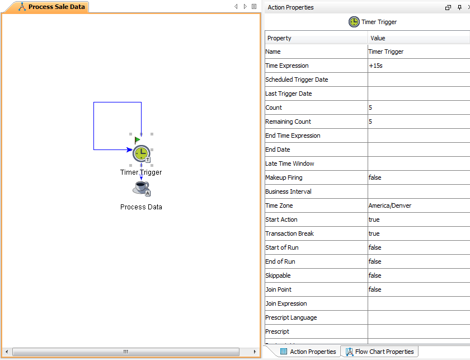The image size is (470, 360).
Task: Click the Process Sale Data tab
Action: tap(51, 7)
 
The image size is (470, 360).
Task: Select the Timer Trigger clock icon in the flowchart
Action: tap(142, 153)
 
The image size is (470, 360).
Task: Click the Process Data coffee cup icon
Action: tap(141, 189)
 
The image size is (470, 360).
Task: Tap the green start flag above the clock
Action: tap(137, 140)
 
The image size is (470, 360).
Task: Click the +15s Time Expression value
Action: tap(375, 66)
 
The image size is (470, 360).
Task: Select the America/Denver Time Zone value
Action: tap(389, 205)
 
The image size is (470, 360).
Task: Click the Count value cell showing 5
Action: tap(370, 107)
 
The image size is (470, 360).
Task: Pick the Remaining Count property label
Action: tap(288, 121)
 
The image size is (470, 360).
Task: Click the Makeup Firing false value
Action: tap(375, 177)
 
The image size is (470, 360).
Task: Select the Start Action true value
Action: tap(374, 219)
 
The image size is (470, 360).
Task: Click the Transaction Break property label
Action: tap(289, 233)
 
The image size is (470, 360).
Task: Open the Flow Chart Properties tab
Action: tap(379, 352)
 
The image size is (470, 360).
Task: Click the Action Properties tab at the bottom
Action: tap(308, 352)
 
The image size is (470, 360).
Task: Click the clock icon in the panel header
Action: tap(354, 22)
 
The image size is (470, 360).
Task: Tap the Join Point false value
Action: tap(375, 289)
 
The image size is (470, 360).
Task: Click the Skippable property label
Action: tap(278, 275)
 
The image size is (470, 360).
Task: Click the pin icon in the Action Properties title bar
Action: tap(459, 7)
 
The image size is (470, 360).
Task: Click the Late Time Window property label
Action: tap(290, 163)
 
